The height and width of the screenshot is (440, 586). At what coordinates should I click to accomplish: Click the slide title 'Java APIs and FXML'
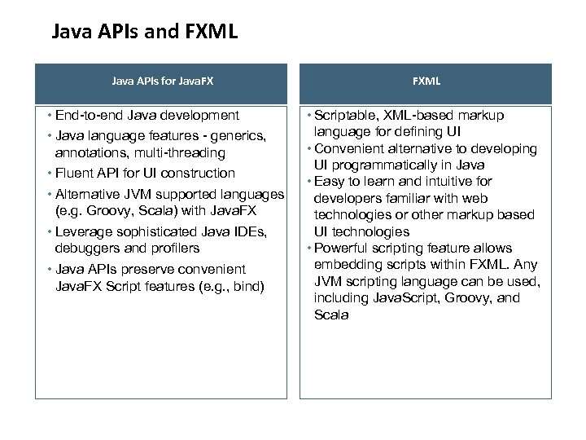pyautogui.click(x=144, y=33)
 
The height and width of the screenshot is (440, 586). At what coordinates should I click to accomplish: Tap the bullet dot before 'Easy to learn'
pyautogui.click(x=308, y=181)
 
